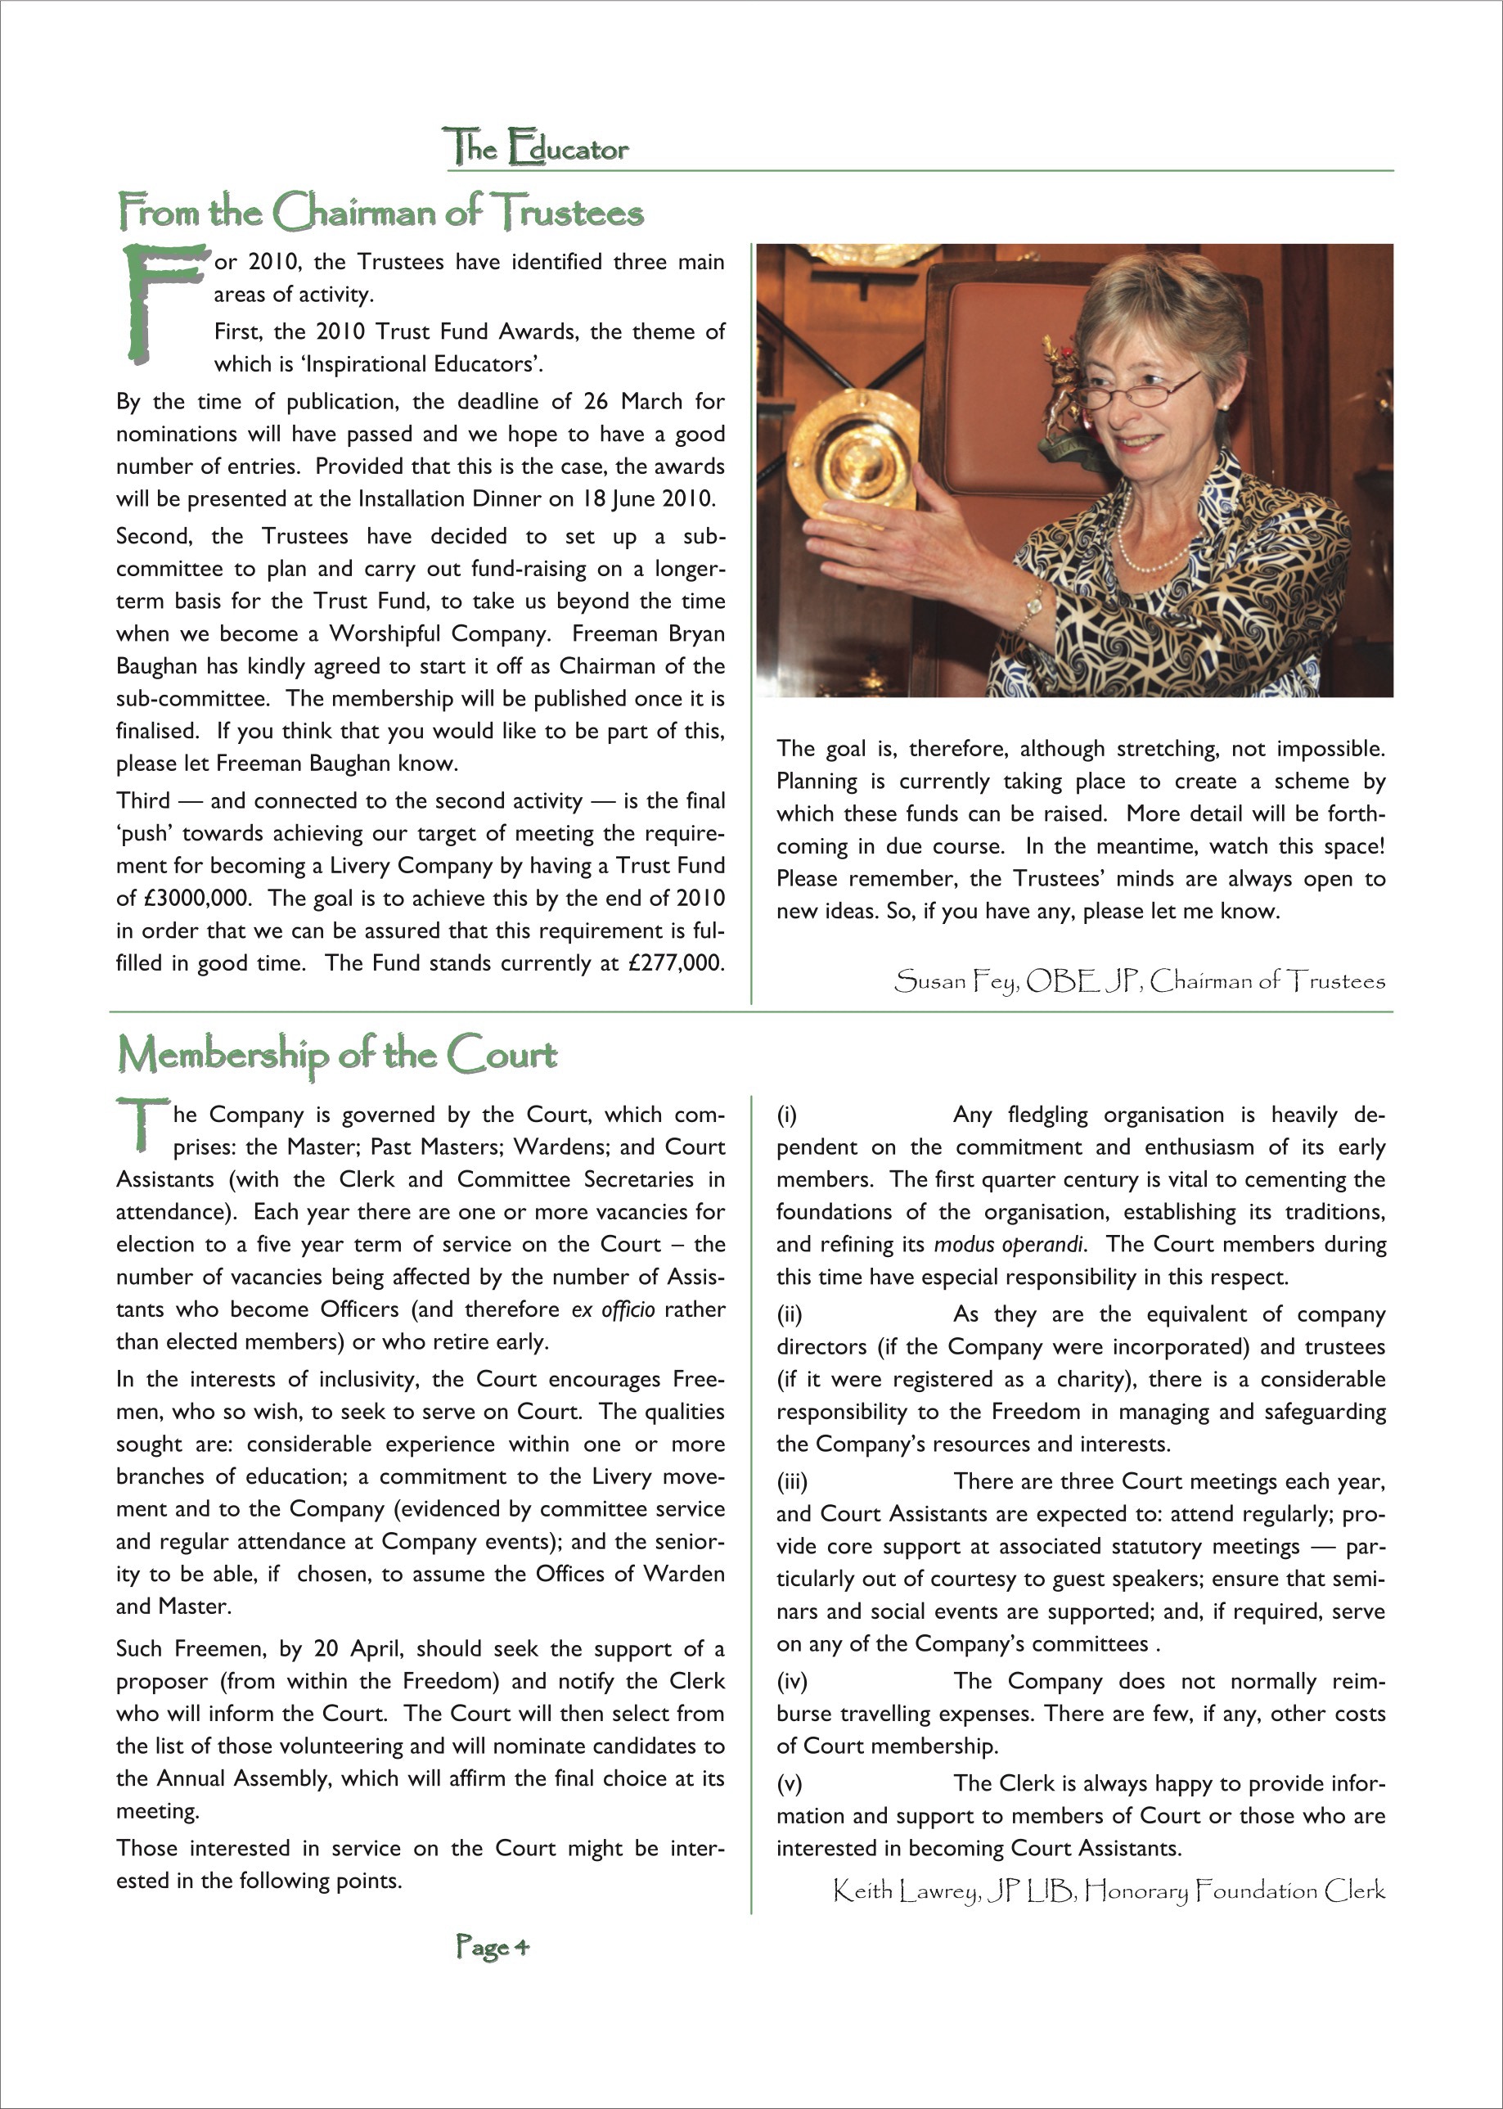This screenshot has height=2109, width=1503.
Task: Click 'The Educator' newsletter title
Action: pos(536,148)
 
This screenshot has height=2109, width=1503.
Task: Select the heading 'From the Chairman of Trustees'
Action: pos(380,212)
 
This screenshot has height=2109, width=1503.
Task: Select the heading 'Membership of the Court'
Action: pos(338,1053)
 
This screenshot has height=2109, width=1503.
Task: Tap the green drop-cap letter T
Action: pos(141,1123)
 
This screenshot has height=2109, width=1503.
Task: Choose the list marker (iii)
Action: pos(792,1481)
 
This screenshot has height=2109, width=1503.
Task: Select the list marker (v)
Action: pos(790,1783)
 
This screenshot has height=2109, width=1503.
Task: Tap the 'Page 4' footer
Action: pos(493,1946)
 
